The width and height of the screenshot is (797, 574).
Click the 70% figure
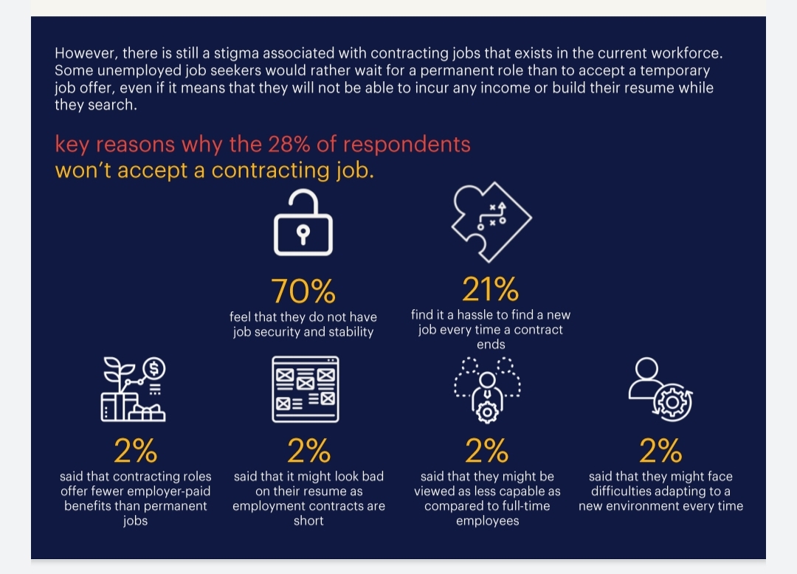[303, 291]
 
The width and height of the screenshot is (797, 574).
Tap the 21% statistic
[490, 289]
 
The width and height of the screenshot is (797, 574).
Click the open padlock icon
[303, 223]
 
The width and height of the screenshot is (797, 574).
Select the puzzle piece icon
[491, 222]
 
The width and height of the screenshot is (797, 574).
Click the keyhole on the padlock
[303, 235]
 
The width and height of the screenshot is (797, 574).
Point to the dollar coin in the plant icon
[154, 368]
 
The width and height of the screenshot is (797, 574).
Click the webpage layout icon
[306, 389]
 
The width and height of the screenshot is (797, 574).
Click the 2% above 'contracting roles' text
[135, 451]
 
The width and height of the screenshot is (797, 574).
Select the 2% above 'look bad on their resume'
[308, 451]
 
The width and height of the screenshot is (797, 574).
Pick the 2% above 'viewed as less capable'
[486, 451]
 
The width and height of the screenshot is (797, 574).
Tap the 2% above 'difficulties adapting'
[660, 451]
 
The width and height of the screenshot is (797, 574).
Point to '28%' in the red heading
[289, 145]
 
